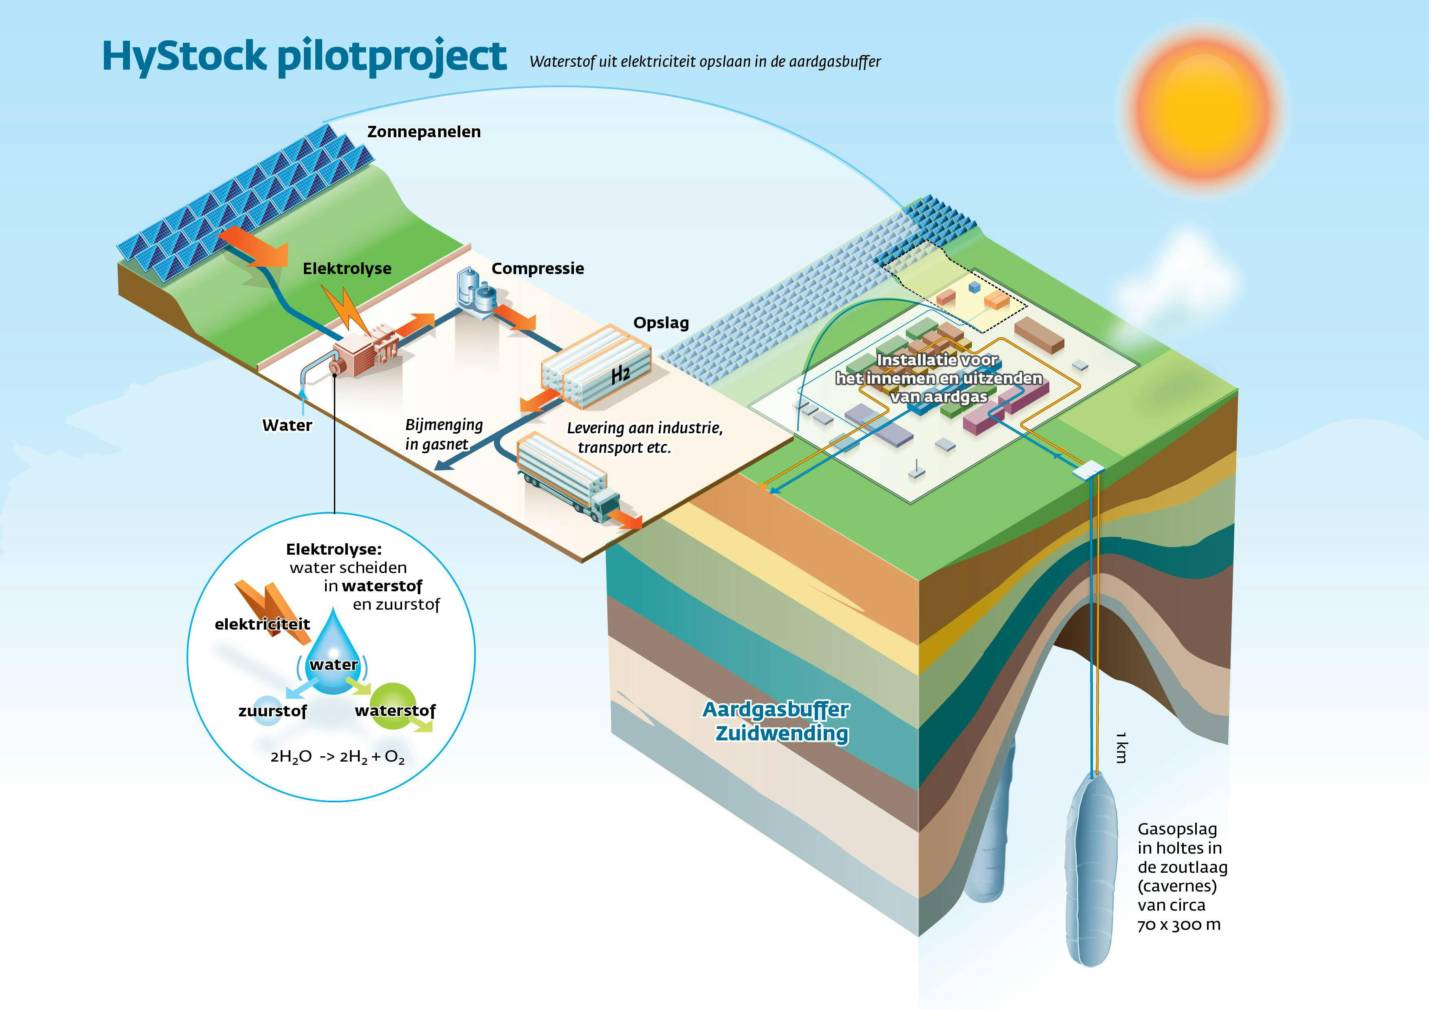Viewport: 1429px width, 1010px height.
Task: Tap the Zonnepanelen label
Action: (424, 132)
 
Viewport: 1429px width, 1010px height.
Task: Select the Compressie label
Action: (538, 269)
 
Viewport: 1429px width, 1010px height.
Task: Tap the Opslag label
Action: (661, 323)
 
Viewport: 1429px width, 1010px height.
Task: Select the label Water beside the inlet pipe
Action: (287, 426)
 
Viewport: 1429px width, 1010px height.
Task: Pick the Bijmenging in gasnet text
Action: (444, 435)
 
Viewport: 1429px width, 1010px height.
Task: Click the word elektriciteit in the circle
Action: (262, 624)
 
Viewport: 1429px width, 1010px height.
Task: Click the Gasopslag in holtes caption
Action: (1181, 876)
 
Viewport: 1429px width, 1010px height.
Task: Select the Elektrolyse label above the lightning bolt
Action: (347, 269)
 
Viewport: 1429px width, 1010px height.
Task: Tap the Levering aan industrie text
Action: (644, 437)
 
